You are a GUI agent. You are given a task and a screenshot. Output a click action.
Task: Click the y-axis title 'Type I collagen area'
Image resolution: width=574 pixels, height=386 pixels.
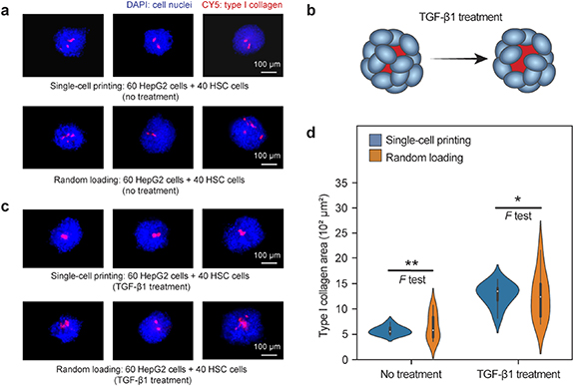[x=330, y=271]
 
